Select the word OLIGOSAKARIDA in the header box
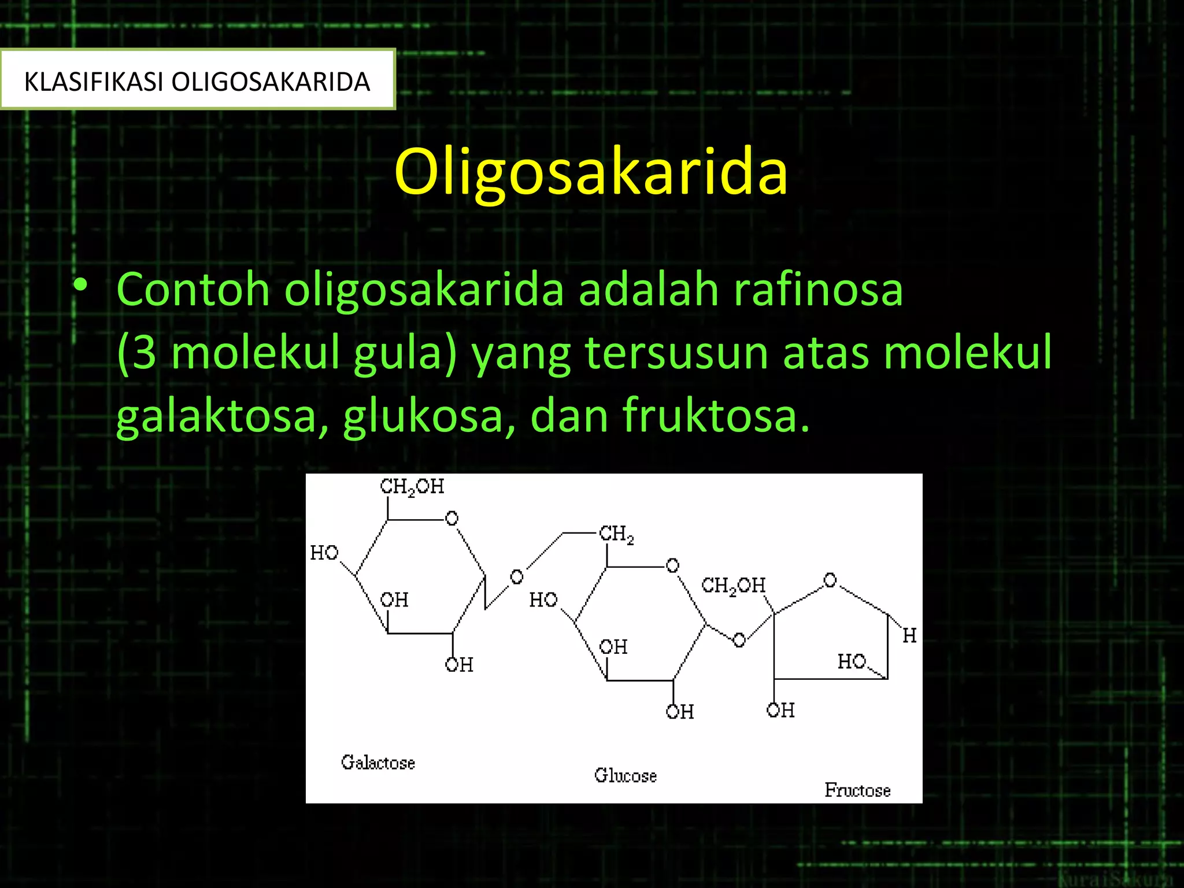271,82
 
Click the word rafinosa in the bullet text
817,289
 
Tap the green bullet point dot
80,285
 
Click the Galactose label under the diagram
378,763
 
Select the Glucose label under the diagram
626,775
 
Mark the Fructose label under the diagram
857,790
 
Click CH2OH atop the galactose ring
412,487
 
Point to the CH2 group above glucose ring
616,534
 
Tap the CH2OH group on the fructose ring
733,586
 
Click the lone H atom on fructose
909,636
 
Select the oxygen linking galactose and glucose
516,576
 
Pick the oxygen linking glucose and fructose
739,640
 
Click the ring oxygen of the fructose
830,580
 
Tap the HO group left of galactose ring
324,553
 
